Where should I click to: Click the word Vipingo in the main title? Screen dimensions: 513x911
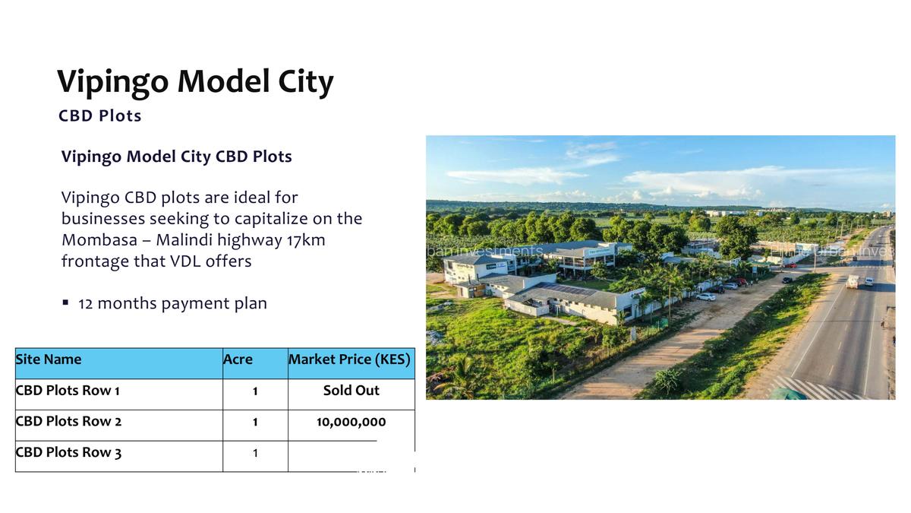[115, 82]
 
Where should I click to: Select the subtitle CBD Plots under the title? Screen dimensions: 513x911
[99, 116]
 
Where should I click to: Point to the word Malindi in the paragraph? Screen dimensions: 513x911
[183, 240]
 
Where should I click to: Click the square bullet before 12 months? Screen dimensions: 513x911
[66, 302]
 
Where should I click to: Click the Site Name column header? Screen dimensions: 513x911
[49, 359]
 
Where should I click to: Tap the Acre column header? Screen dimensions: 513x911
[238, 359]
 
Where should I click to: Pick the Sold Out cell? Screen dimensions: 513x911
[351, 391]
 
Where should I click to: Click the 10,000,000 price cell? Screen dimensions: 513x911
[351, 422]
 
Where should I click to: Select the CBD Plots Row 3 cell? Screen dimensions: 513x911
[68, 453]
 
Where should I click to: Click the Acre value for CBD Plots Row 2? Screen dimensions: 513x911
[255, 422]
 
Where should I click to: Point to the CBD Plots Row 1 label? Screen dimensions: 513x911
[68, 391]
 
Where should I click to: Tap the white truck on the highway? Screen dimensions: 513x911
[853, 281]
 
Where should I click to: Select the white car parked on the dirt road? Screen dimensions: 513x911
[706, 296]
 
